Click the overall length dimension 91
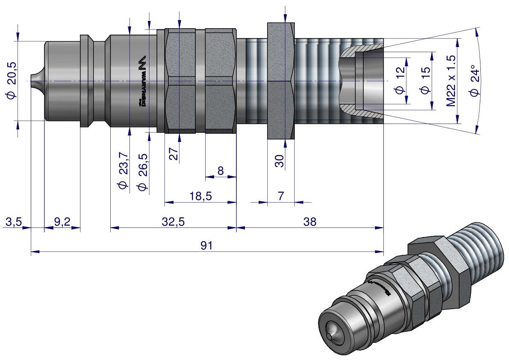[207, 246]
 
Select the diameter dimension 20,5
[12, 80]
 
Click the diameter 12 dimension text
[400, 80]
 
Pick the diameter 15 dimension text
[424, 80]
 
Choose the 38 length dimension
[309, 222]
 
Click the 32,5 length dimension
[174, 222]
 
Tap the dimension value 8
[221, 171]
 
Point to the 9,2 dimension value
[62, 222]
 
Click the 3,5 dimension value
[13, 222]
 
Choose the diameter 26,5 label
[143, 171]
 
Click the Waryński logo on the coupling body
[142, 81]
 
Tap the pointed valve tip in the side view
[34, 80]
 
